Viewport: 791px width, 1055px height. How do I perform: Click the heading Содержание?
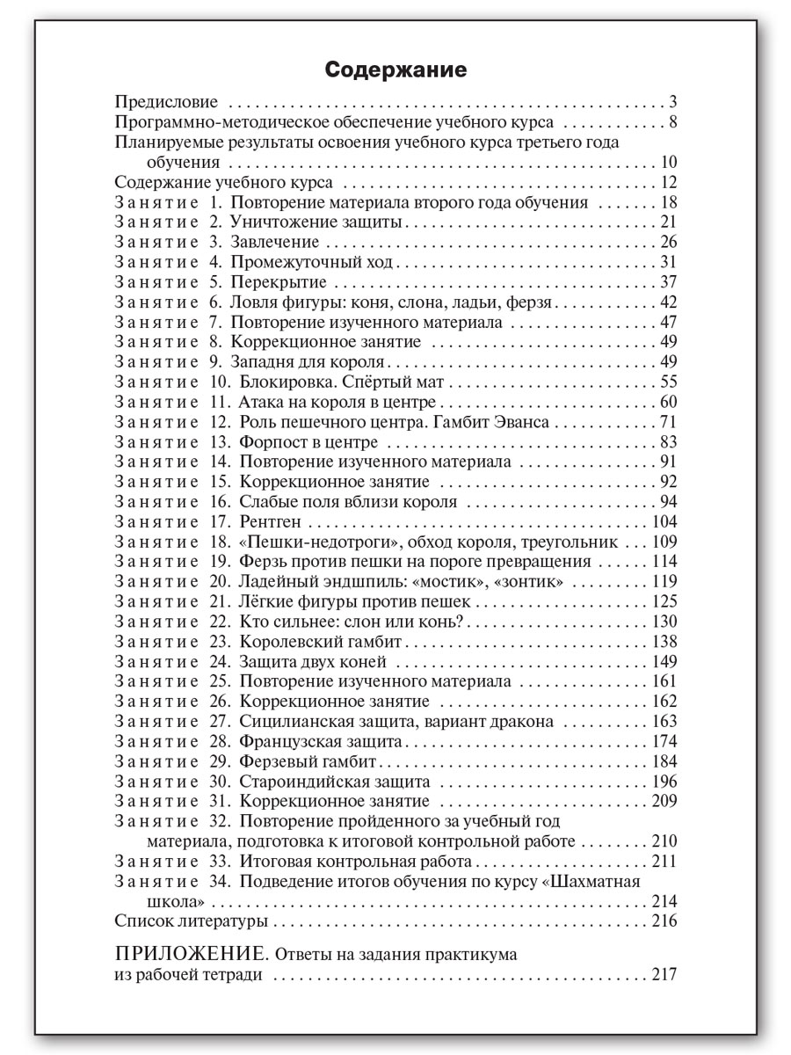click(x=395, y=69)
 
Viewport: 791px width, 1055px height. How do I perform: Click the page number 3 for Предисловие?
click(x=671, y=101)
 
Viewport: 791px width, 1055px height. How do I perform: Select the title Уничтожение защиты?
click(x=317, y=222)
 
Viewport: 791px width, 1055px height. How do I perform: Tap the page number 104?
click(x=664, y=522)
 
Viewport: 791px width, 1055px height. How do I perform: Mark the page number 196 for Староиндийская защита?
click(x=664, y=782)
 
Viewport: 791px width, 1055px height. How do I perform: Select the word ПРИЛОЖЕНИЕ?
click(x=191, y=954)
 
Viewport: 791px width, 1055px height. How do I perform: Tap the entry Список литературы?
click(x=192, y=921)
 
